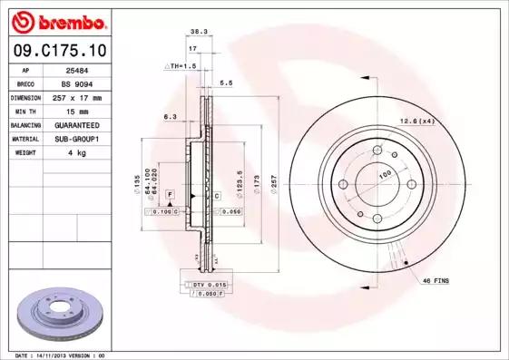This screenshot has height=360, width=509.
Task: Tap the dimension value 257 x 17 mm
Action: click(x=76, y=97)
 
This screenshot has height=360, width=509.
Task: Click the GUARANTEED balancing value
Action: click(x=76, y=124)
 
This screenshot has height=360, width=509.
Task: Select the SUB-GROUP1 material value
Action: click(x=76, y=139)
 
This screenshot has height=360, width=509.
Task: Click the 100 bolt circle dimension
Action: click(x=384, y=173)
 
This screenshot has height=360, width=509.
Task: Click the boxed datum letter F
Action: click(x=170, y=195)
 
